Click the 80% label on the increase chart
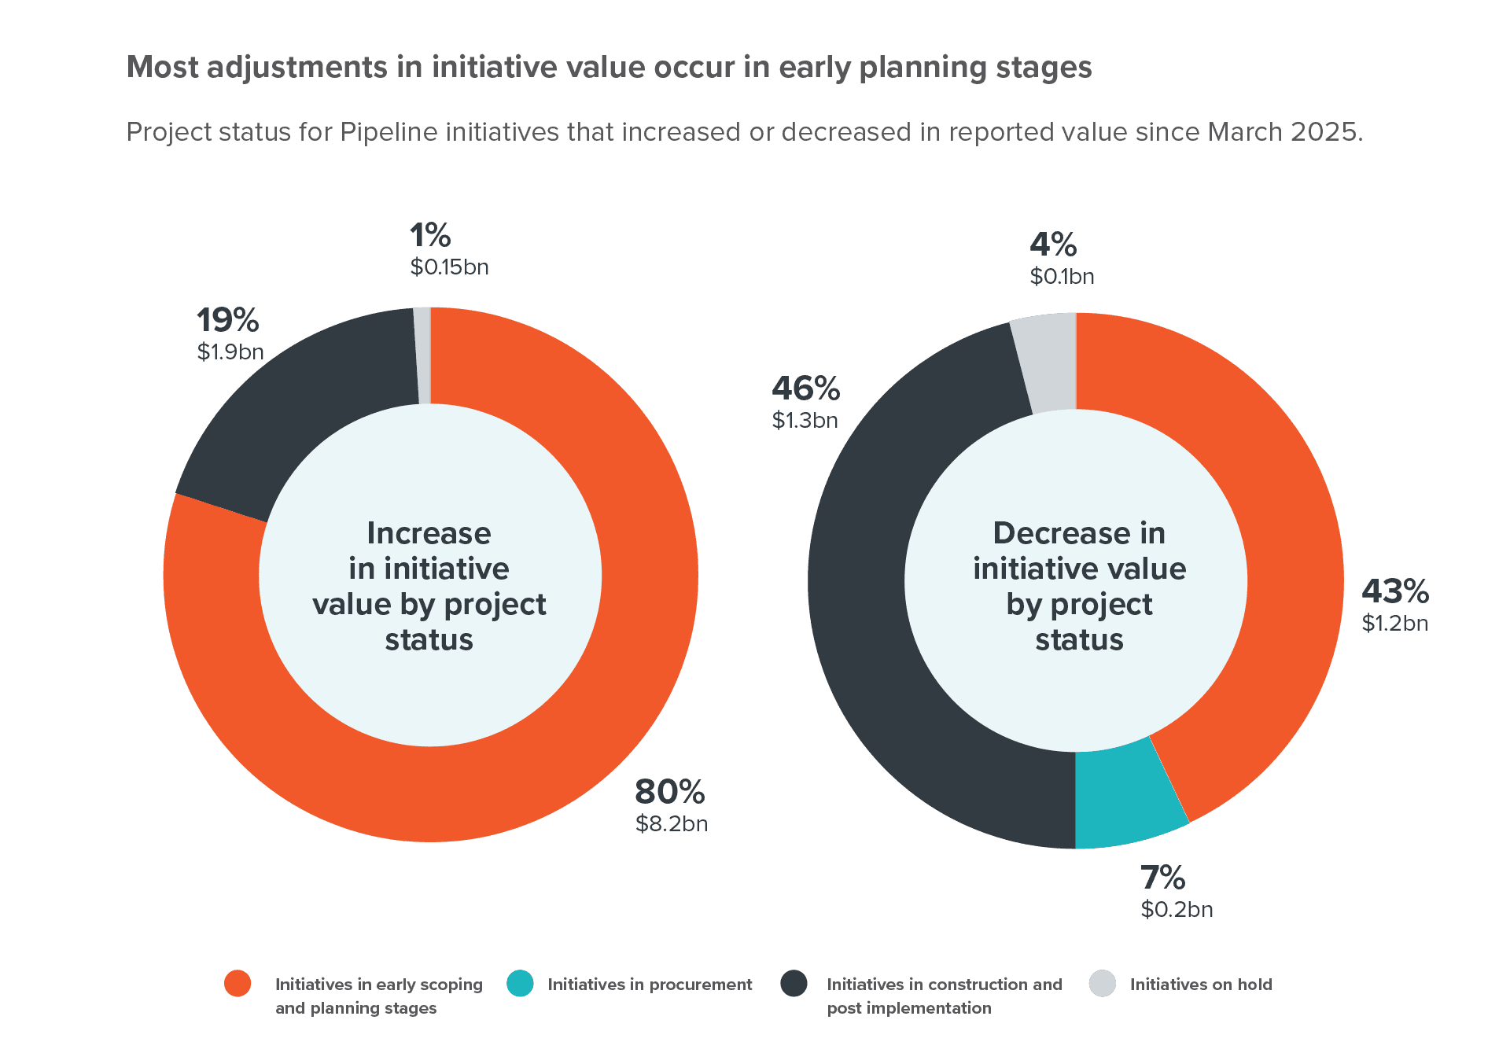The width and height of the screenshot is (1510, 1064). pos(669,792)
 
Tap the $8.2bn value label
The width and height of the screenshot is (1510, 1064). pos(672,824)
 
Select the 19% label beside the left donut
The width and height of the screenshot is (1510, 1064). pos(227,320)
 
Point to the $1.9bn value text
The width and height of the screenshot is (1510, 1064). pos(230,352)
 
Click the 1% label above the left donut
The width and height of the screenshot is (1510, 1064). pos(430,235)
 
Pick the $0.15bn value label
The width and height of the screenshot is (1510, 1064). pos(449,267)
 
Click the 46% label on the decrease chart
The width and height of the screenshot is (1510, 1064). pos(805,388)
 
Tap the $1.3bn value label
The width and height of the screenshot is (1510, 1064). pos(805,421)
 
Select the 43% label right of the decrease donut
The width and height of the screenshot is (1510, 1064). pos(1395,591)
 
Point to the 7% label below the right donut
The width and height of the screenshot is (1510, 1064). pos(1162,878)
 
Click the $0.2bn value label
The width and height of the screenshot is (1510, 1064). pos(1177,910)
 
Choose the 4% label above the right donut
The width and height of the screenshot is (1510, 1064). pos(1053,245)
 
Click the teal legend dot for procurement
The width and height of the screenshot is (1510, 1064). pos(521,984)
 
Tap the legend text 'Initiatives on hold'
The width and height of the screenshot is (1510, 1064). pos(1200,985)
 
